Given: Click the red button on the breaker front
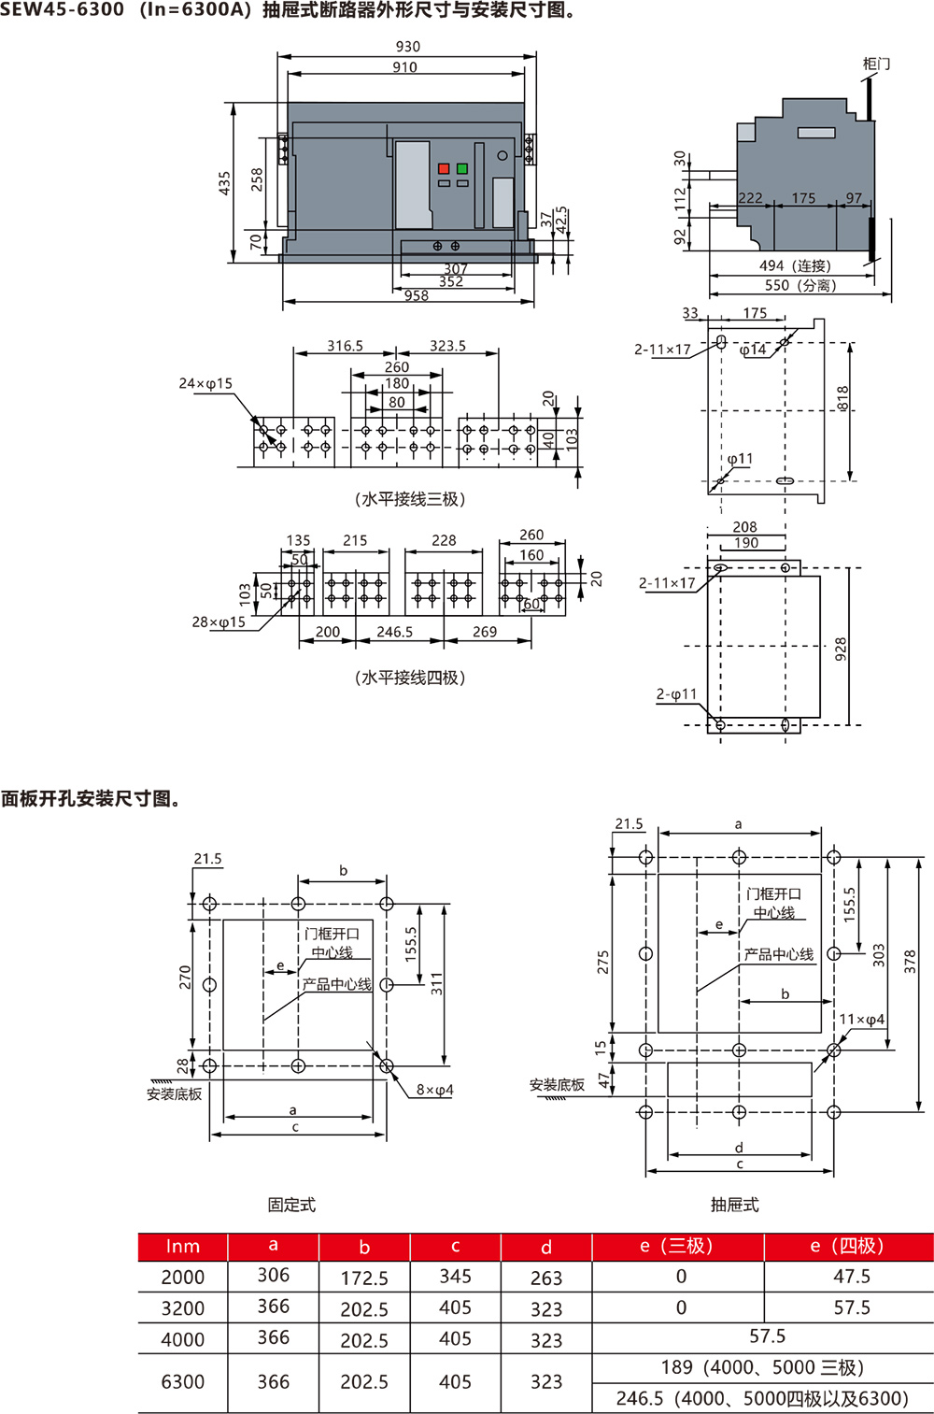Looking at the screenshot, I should (x=444, y=169).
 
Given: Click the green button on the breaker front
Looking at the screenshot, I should (x=462, y=169).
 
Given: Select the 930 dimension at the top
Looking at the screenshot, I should (x=408, y=47).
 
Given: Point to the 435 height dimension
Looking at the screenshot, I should (x=224, y=182).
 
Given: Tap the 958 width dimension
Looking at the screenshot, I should (x=417, y=295).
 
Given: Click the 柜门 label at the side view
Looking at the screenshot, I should (x=876, y=64).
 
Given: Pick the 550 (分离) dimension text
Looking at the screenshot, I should (x=800, y=285).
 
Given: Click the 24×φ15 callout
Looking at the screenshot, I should (x=205, y=383).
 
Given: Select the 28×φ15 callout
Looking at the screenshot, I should (x=219, y=621).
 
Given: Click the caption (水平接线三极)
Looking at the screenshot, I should (x=410, y=499).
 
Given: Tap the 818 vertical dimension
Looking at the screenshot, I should (x=842, y=398).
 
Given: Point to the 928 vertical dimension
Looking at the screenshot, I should (x=841, y=649).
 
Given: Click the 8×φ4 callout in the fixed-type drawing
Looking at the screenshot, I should (x=434, y=1090).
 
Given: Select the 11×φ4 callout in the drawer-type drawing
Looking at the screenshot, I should (x=861, y=1020).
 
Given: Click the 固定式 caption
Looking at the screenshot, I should (x=291, y=1205).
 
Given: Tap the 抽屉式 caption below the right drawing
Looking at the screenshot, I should (x=734, y=1205).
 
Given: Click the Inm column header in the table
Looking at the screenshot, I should (x=183, y=1247).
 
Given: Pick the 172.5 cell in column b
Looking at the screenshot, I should (x=364, y=1278).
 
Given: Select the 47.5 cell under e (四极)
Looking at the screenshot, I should (x=851, y=1277).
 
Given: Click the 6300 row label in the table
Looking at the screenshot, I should (x=183, y=1381).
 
